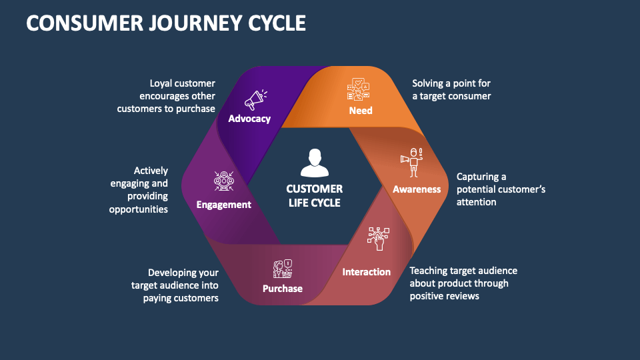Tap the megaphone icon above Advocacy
(255, 100)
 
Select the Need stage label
(361, 110)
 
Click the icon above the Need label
(359, 90)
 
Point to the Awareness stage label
(417, 189)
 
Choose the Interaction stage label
(366, 271)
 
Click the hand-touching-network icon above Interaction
(379, 239)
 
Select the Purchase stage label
(282, 288)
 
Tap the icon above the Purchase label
(283, 268)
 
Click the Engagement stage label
(223, 205)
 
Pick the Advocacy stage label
(249, 119)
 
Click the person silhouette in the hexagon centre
(315, 163)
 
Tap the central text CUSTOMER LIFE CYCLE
(315, 195)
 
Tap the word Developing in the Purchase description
(173, 273)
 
